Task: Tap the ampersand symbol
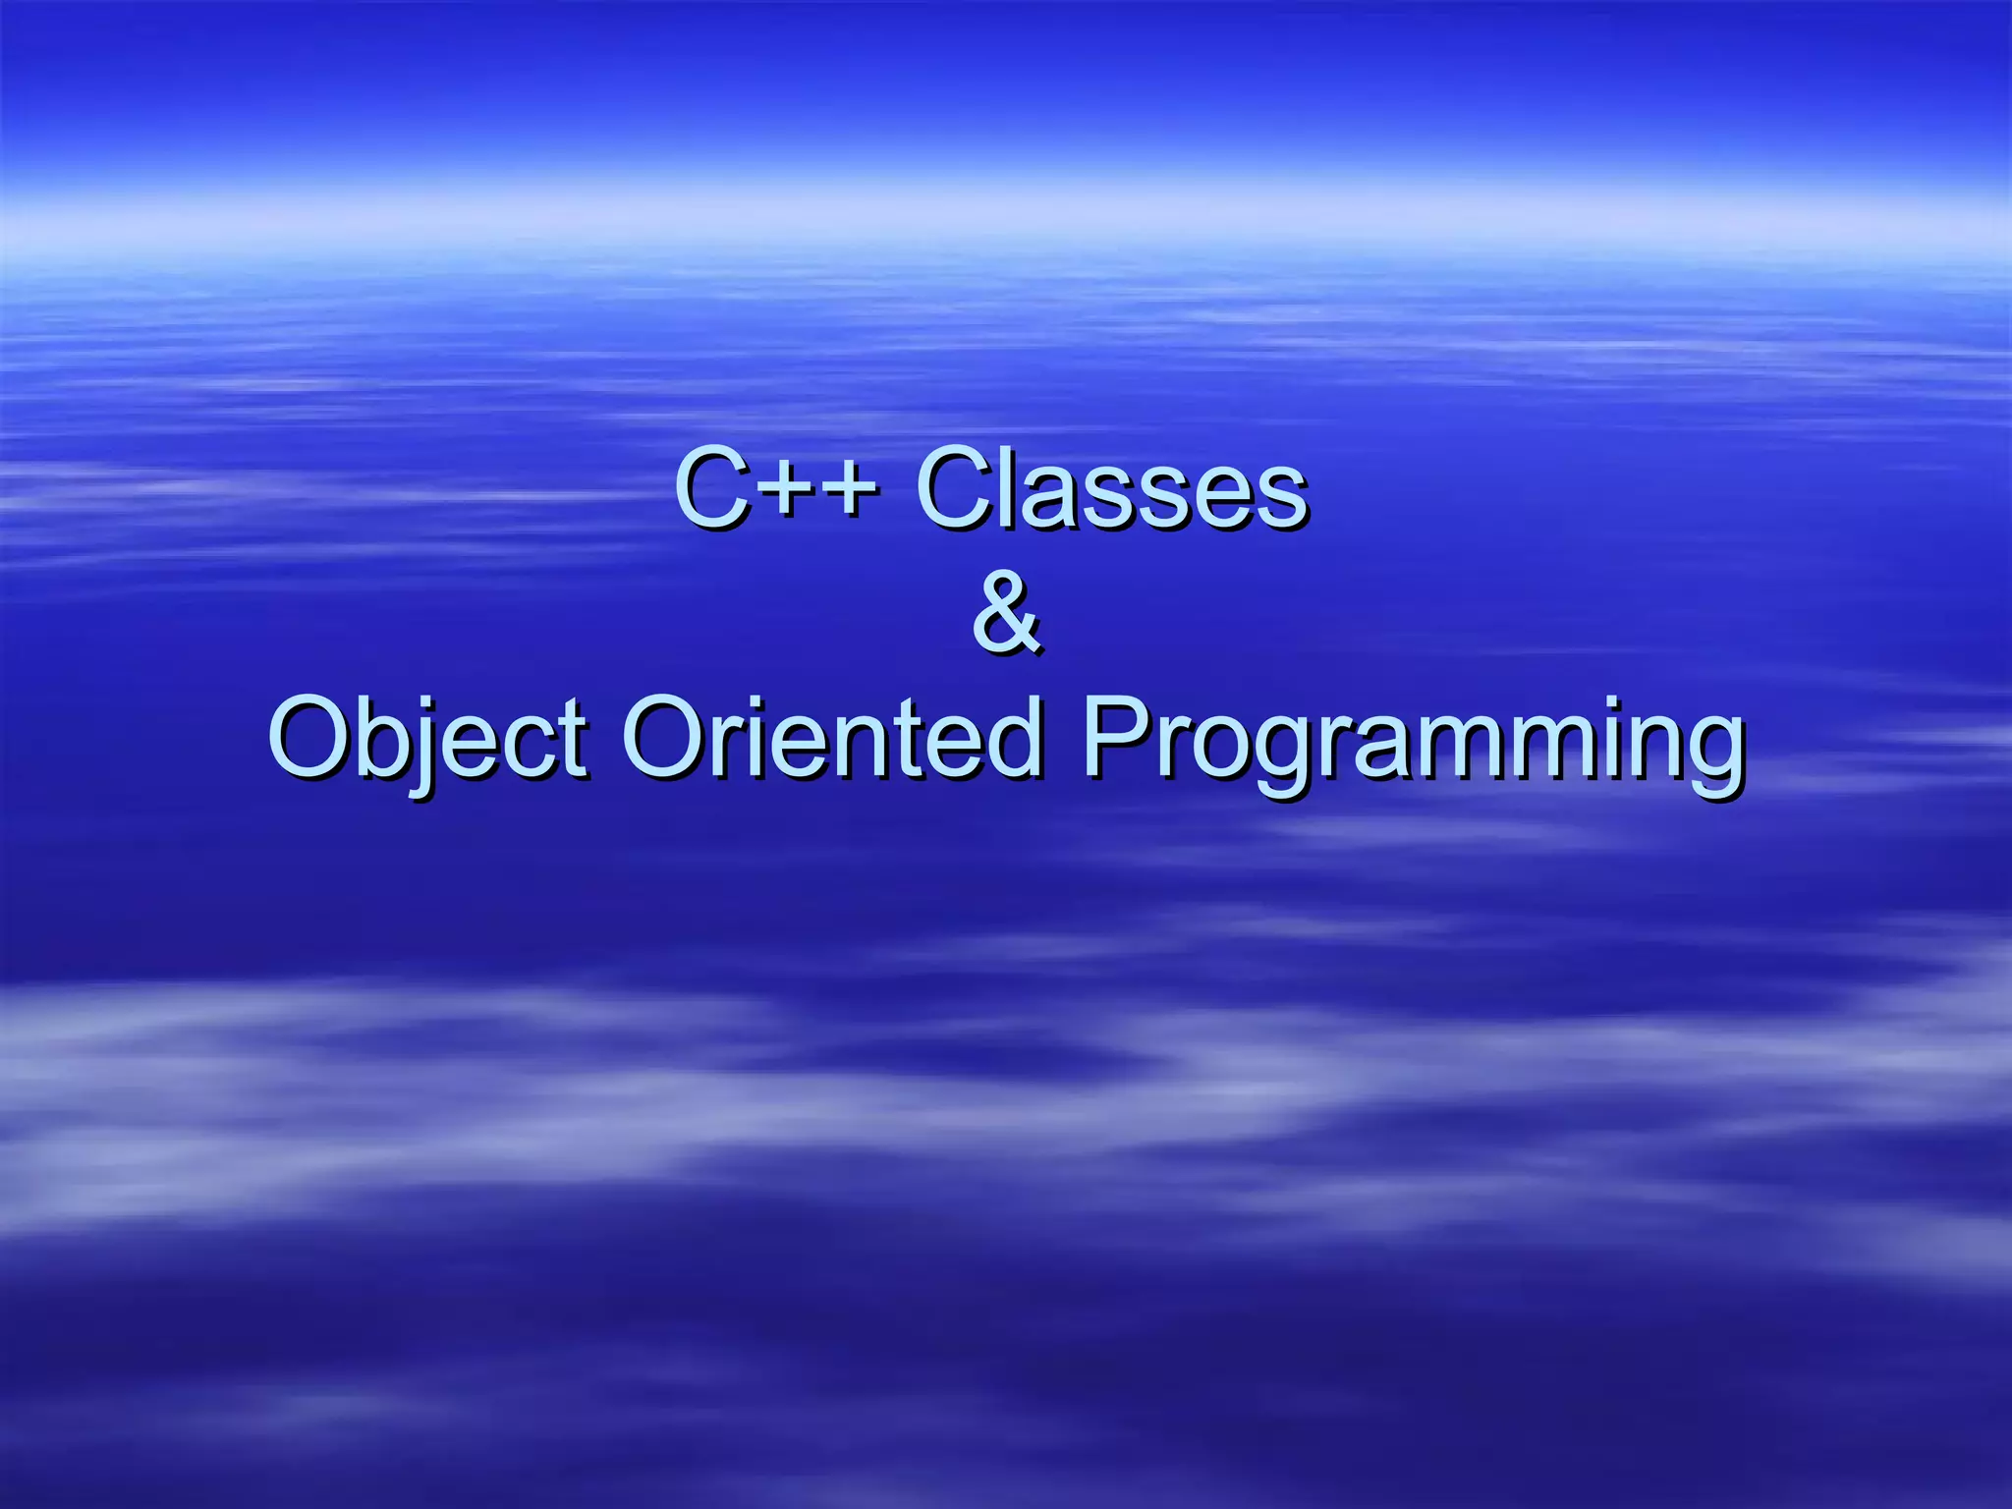[1006, 613]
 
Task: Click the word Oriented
[831, 737]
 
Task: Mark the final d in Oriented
[1012, 737]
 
